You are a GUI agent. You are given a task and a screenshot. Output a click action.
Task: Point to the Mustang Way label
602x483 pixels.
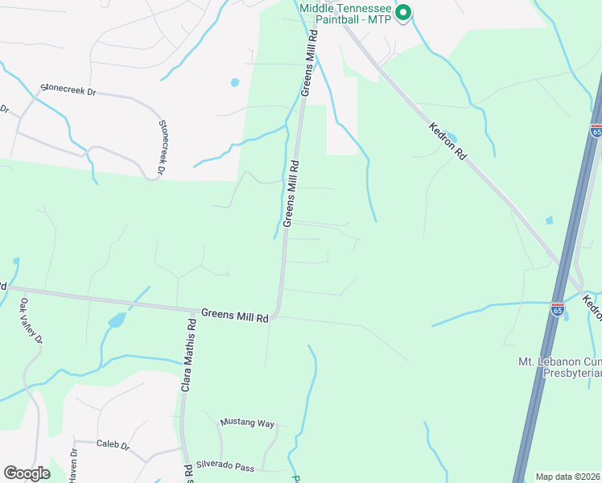[248, 423]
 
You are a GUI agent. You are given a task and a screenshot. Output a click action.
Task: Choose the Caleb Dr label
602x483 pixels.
[113, 444]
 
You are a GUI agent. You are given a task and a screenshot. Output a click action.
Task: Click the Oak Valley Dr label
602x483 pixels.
[31, 321]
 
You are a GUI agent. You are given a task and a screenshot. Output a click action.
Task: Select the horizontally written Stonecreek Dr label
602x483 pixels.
[68, 90]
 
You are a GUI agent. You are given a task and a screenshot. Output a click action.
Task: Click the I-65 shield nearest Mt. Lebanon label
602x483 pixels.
[558, 308]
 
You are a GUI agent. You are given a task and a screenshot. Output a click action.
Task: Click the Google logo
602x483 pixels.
[27, 473]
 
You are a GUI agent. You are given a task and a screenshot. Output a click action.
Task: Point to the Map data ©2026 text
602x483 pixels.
[567, 477]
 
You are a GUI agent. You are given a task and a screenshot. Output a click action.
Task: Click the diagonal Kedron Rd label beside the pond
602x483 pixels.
[449, 140]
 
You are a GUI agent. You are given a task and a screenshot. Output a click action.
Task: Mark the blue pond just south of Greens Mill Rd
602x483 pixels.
[118, 320]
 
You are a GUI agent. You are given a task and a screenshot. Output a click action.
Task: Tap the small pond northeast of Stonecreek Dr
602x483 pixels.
[234, 82]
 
